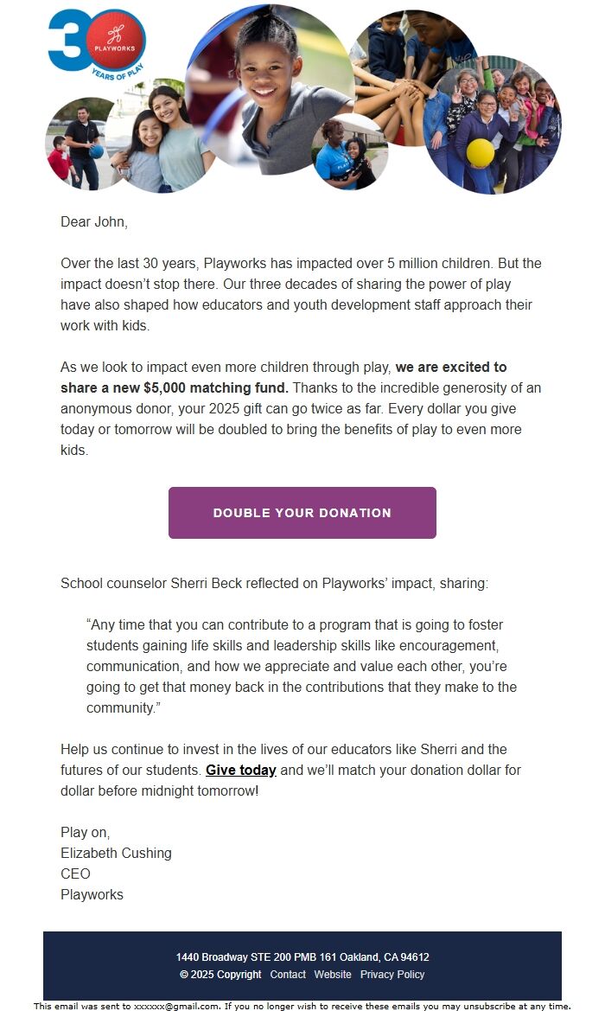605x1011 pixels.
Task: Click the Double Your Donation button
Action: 302,513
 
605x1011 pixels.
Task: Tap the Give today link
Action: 240,770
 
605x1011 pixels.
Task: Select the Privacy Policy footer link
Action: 392,975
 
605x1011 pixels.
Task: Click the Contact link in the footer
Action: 288,975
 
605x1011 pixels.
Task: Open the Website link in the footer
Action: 333,975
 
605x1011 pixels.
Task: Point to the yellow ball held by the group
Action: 480,153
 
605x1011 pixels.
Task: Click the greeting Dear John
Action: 94,222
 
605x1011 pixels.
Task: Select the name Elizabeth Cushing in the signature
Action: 116,853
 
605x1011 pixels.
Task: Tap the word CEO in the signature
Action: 75,873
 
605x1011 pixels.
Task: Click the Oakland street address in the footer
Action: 302,957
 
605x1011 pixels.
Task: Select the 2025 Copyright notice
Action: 220,975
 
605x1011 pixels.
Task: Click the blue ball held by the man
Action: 97,151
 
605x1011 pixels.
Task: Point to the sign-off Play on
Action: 85,832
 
